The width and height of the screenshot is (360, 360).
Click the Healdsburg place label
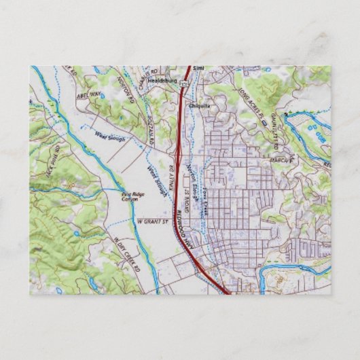[x=162, y=79]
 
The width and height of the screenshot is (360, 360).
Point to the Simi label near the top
[x=198, y=69]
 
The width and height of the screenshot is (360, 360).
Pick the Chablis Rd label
[x=153, y=73]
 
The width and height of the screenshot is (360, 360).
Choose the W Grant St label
[x=152, y=221]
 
